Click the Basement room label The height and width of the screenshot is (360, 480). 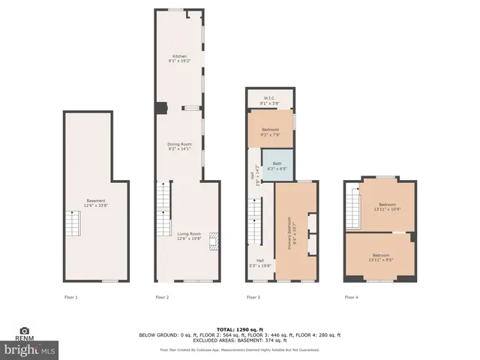pyautogui.click(x=96, y=202)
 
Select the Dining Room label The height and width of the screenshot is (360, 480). pyautogui.click(x=179, y=145)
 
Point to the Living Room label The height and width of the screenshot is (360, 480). pyautogui.click(x=189, y=235)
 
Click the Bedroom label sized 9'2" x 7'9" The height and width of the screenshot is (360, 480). pyautogui.click(x=270, y=132)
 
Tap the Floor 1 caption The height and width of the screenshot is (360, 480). pyautogui.click(x=70, y=298)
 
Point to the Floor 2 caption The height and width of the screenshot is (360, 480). pyautogui.click(x=162, y=298)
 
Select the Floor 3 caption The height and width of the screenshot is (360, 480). pyautogui.click(x=253, y=298)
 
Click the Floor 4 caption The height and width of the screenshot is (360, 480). pyautogui.click(x=351, y=298)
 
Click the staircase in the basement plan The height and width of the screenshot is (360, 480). pyautogui.click(x=72, y=223)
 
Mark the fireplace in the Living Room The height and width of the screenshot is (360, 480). pyautogui.click(x=214, y=241)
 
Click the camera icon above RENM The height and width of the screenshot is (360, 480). pyautogui.click(x=24, y=331)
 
